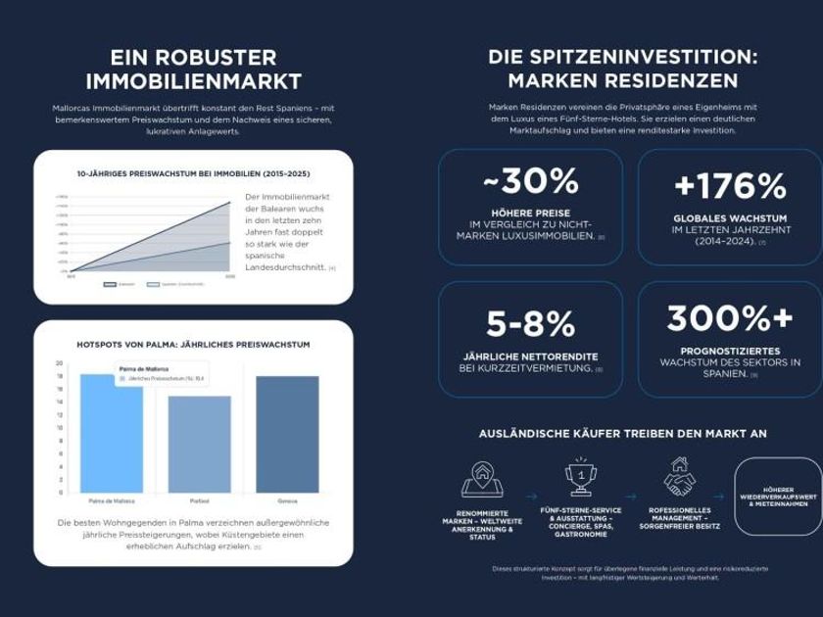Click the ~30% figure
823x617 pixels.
[530, 181]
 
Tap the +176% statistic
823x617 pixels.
[730, 185]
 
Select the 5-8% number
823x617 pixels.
[530, 323]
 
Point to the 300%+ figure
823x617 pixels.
[730, 318]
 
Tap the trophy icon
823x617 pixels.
[581, 478]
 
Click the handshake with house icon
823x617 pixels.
[679, 477]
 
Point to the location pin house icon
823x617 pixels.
[482, 478]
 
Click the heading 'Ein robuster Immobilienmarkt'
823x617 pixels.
[193, 70]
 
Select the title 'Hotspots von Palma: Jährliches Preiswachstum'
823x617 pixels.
[193, 345]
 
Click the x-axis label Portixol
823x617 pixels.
[199, 500]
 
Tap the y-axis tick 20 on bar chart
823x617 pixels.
[60, 363]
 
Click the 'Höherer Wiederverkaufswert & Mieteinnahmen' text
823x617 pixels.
[778, 497]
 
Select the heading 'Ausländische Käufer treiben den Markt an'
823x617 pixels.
[622, 433]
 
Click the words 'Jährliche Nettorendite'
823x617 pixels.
[530, 356]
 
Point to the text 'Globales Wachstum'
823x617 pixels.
[730, 218]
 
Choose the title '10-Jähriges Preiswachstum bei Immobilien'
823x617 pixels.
[193, 173]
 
